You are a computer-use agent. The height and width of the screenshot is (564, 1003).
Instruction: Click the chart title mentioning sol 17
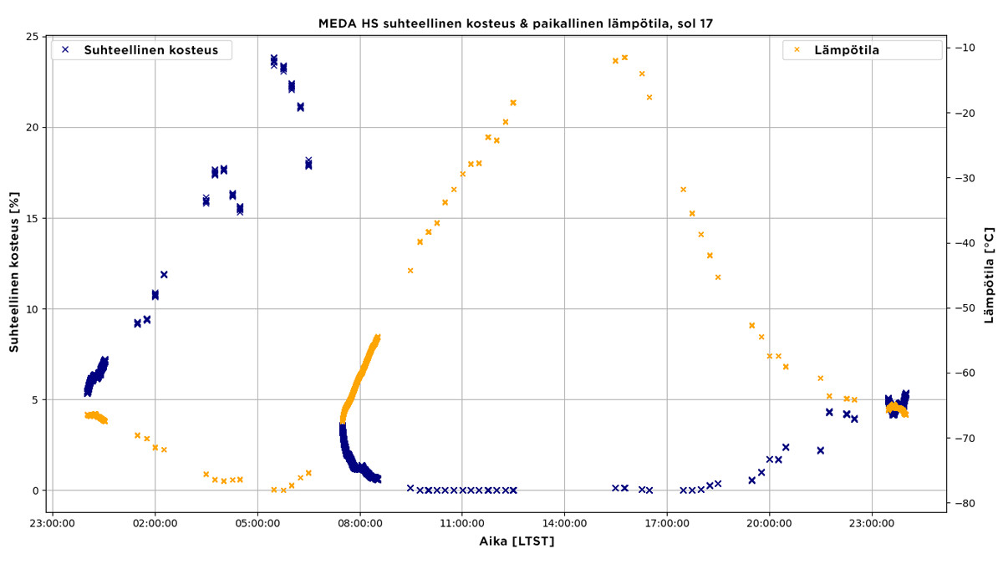(515, 23)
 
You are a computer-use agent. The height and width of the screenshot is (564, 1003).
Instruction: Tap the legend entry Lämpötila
(846, 50)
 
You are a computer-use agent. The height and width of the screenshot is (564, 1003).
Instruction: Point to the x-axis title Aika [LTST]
(517, 541)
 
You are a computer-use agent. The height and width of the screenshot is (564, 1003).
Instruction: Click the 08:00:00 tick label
(359, 525)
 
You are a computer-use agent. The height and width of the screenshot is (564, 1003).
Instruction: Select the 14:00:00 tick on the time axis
(564, 525)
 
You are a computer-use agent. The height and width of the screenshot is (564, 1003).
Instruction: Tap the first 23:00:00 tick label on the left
(53, 525)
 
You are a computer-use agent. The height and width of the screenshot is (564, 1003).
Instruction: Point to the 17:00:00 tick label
(667, 525)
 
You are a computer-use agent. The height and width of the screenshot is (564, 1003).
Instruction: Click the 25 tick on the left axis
(33, 37)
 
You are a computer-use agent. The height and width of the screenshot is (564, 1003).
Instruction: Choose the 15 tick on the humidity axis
(33, 218)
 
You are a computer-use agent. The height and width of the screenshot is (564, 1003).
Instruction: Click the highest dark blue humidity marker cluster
(274, 60)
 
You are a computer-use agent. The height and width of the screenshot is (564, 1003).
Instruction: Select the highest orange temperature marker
(624, 58)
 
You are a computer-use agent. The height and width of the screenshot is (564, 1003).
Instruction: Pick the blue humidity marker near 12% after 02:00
(164, 274)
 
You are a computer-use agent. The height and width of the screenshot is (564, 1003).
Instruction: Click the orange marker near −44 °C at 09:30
(410, 271)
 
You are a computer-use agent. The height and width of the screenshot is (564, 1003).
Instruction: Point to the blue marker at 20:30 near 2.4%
(786, 447)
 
